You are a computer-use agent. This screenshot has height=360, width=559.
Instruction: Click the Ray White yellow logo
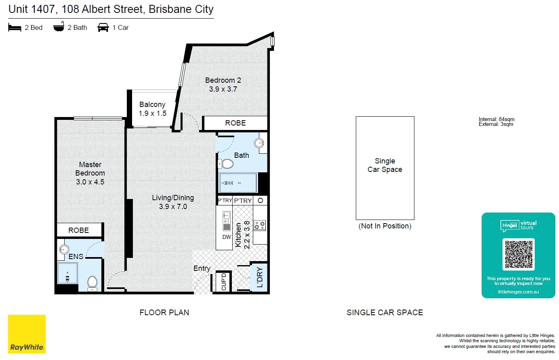point(27,334)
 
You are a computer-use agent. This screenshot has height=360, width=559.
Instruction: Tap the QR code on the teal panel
point(519,254)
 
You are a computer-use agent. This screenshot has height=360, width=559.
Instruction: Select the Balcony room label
point(152,105)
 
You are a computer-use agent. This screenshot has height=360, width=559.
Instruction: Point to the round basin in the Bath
point(259,143)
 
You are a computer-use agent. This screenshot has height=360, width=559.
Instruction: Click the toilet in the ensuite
point(92,283)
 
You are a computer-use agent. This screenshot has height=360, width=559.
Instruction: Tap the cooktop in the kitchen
point(260,225)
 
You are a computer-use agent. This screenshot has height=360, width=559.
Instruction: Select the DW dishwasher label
point(227,237)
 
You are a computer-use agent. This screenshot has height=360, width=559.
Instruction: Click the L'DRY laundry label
point(260,277)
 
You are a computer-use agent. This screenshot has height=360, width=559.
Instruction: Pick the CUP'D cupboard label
point(224,282)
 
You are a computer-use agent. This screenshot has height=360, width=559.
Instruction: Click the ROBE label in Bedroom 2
point(235,123)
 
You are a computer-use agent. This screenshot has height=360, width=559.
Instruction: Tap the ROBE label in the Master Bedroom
point(78,230)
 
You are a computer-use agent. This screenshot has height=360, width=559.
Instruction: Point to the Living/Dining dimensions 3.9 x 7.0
point(173,207)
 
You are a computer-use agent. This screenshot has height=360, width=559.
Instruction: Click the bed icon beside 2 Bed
point(15,27)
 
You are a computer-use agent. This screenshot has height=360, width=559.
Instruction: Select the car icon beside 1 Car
point(103,27)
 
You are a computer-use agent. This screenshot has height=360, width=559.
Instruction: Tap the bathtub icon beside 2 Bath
point(59,27)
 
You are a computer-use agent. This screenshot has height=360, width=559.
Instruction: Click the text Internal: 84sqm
point(496,119)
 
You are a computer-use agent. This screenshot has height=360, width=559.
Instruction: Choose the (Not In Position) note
point(385,226)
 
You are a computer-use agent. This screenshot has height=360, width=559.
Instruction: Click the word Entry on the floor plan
point(202,268)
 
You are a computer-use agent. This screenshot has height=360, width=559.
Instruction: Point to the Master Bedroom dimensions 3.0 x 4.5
point(90,182)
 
